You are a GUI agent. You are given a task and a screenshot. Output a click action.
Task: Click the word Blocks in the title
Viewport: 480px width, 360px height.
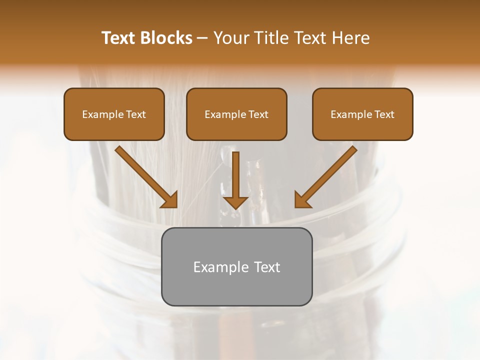point(166,38)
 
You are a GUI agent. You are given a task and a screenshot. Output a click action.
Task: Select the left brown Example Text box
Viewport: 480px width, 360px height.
point(114,114)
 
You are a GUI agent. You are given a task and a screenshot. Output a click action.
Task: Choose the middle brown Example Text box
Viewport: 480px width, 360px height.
point(236,114)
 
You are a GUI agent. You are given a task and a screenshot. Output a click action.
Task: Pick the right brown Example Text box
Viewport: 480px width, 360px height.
point(362,114)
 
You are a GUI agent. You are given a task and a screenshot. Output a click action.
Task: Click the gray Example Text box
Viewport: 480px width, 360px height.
point(236,266)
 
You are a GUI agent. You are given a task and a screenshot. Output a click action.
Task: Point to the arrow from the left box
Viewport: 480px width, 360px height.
point(145,175)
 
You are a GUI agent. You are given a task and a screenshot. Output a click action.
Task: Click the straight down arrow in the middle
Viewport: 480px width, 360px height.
point(235,177)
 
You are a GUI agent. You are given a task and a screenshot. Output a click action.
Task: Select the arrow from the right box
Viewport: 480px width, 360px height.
point(327,175)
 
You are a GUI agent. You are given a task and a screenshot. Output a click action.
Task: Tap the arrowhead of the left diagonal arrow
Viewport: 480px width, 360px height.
point(170,200)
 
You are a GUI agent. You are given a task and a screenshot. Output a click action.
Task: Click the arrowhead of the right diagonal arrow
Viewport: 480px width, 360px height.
point(302,200)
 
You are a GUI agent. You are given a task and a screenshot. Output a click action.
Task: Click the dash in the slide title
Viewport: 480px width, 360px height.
point(202,38)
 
